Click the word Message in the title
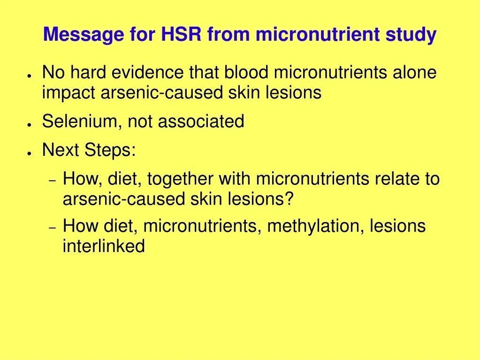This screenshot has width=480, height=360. [x=84, y=34]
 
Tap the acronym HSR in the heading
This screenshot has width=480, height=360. [x=181, y=34]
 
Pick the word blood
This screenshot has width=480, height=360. [x=246, y=72]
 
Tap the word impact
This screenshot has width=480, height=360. [x=69, y=93]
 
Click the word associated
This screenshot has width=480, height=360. [x=201, y=121]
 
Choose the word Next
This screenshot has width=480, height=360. [x=61, y=150]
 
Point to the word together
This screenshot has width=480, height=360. [x=180, y=179]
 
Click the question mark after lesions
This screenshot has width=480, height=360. [x=290, y=199]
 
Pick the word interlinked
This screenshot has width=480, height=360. [x=104, y=246]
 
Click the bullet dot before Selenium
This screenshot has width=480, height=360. [x=30, y=124]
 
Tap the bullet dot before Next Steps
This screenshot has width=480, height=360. [x=30, y=153]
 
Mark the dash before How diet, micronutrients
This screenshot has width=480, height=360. [x=53, y=228]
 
